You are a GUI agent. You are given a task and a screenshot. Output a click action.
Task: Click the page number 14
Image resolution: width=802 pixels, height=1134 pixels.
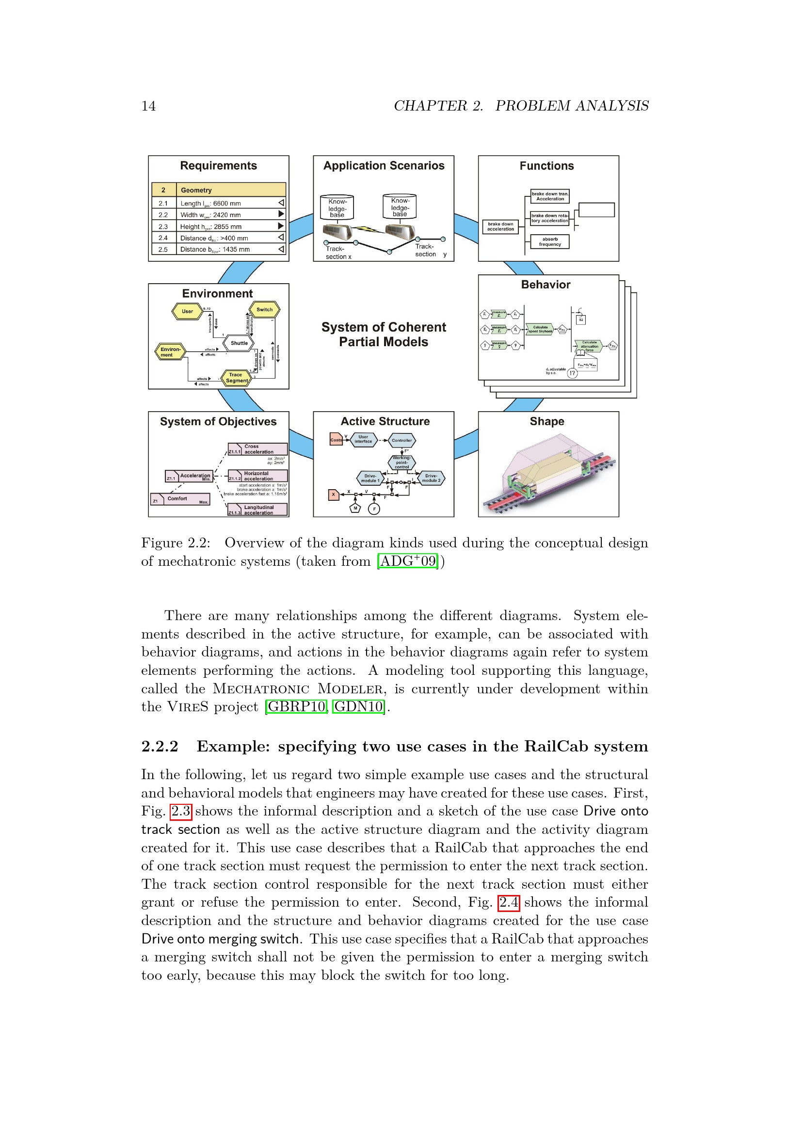(148, 106)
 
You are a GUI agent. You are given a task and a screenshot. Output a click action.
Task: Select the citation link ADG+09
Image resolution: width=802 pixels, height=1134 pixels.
(407, 561)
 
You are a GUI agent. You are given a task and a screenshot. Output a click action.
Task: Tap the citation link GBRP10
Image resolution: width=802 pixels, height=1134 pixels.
(296, 706)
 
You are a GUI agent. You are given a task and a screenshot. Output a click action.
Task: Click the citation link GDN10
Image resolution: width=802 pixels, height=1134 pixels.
(358, 706)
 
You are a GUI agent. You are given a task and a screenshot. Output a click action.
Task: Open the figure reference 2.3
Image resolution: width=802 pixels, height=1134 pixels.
(181, 811)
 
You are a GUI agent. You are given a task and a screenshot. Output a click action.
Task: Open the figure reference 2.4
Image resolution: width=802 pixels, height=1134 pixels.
(508, 902)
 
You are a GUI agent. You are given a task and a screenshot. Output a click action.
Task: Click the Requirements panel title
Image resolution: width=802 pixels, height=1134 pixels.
(218, 166)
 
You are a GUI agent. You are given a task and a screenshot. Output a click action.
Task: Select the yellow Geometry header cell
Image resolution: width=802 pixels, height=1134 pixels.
(231, 190)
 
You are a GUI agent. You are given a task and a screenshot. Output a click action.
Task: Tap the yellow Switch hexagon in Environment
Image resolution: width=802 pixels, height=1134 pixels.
(264, 310)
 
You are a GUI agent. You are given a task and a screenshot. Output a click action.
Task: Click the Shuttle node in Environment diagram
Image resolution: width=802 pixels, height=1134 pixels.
(239, 343)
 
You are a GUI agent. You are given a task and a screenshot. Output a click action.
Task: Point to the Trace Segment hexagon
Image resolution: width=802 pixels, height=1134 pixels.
(236, 378)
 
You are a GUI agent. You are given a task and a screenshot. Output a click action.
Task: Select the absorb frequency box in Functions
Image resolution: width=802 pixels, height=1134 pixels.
(550, 241)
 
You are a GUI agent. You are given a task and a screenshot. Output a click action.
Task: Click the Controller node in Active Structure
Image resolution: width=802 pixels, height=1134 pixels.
(401, 440)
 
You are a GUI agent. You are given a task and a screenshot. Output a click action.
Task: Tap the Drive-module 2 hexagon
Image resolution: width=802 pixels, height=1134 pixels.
(431, 478)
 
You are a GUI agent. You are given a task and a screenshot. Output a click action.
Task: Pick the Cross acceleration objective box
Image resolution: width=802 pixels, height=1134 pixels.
(258, 449)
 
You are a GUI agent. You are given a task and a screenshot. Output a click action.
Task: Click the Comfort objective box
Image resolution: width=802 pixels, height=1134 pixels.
(180, 499)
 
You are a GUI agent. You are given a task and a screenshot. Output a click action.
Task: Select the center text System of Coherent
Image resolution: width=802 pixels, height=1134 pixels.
(383, 327)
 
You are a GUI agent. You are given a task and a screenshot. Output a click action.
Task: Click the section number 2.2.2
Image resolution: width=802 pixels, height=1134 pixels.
(160, 746)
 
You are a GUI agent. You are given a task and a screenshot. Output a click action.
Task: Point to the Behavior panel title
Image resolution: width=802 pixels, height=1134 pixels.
(545, 285)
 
